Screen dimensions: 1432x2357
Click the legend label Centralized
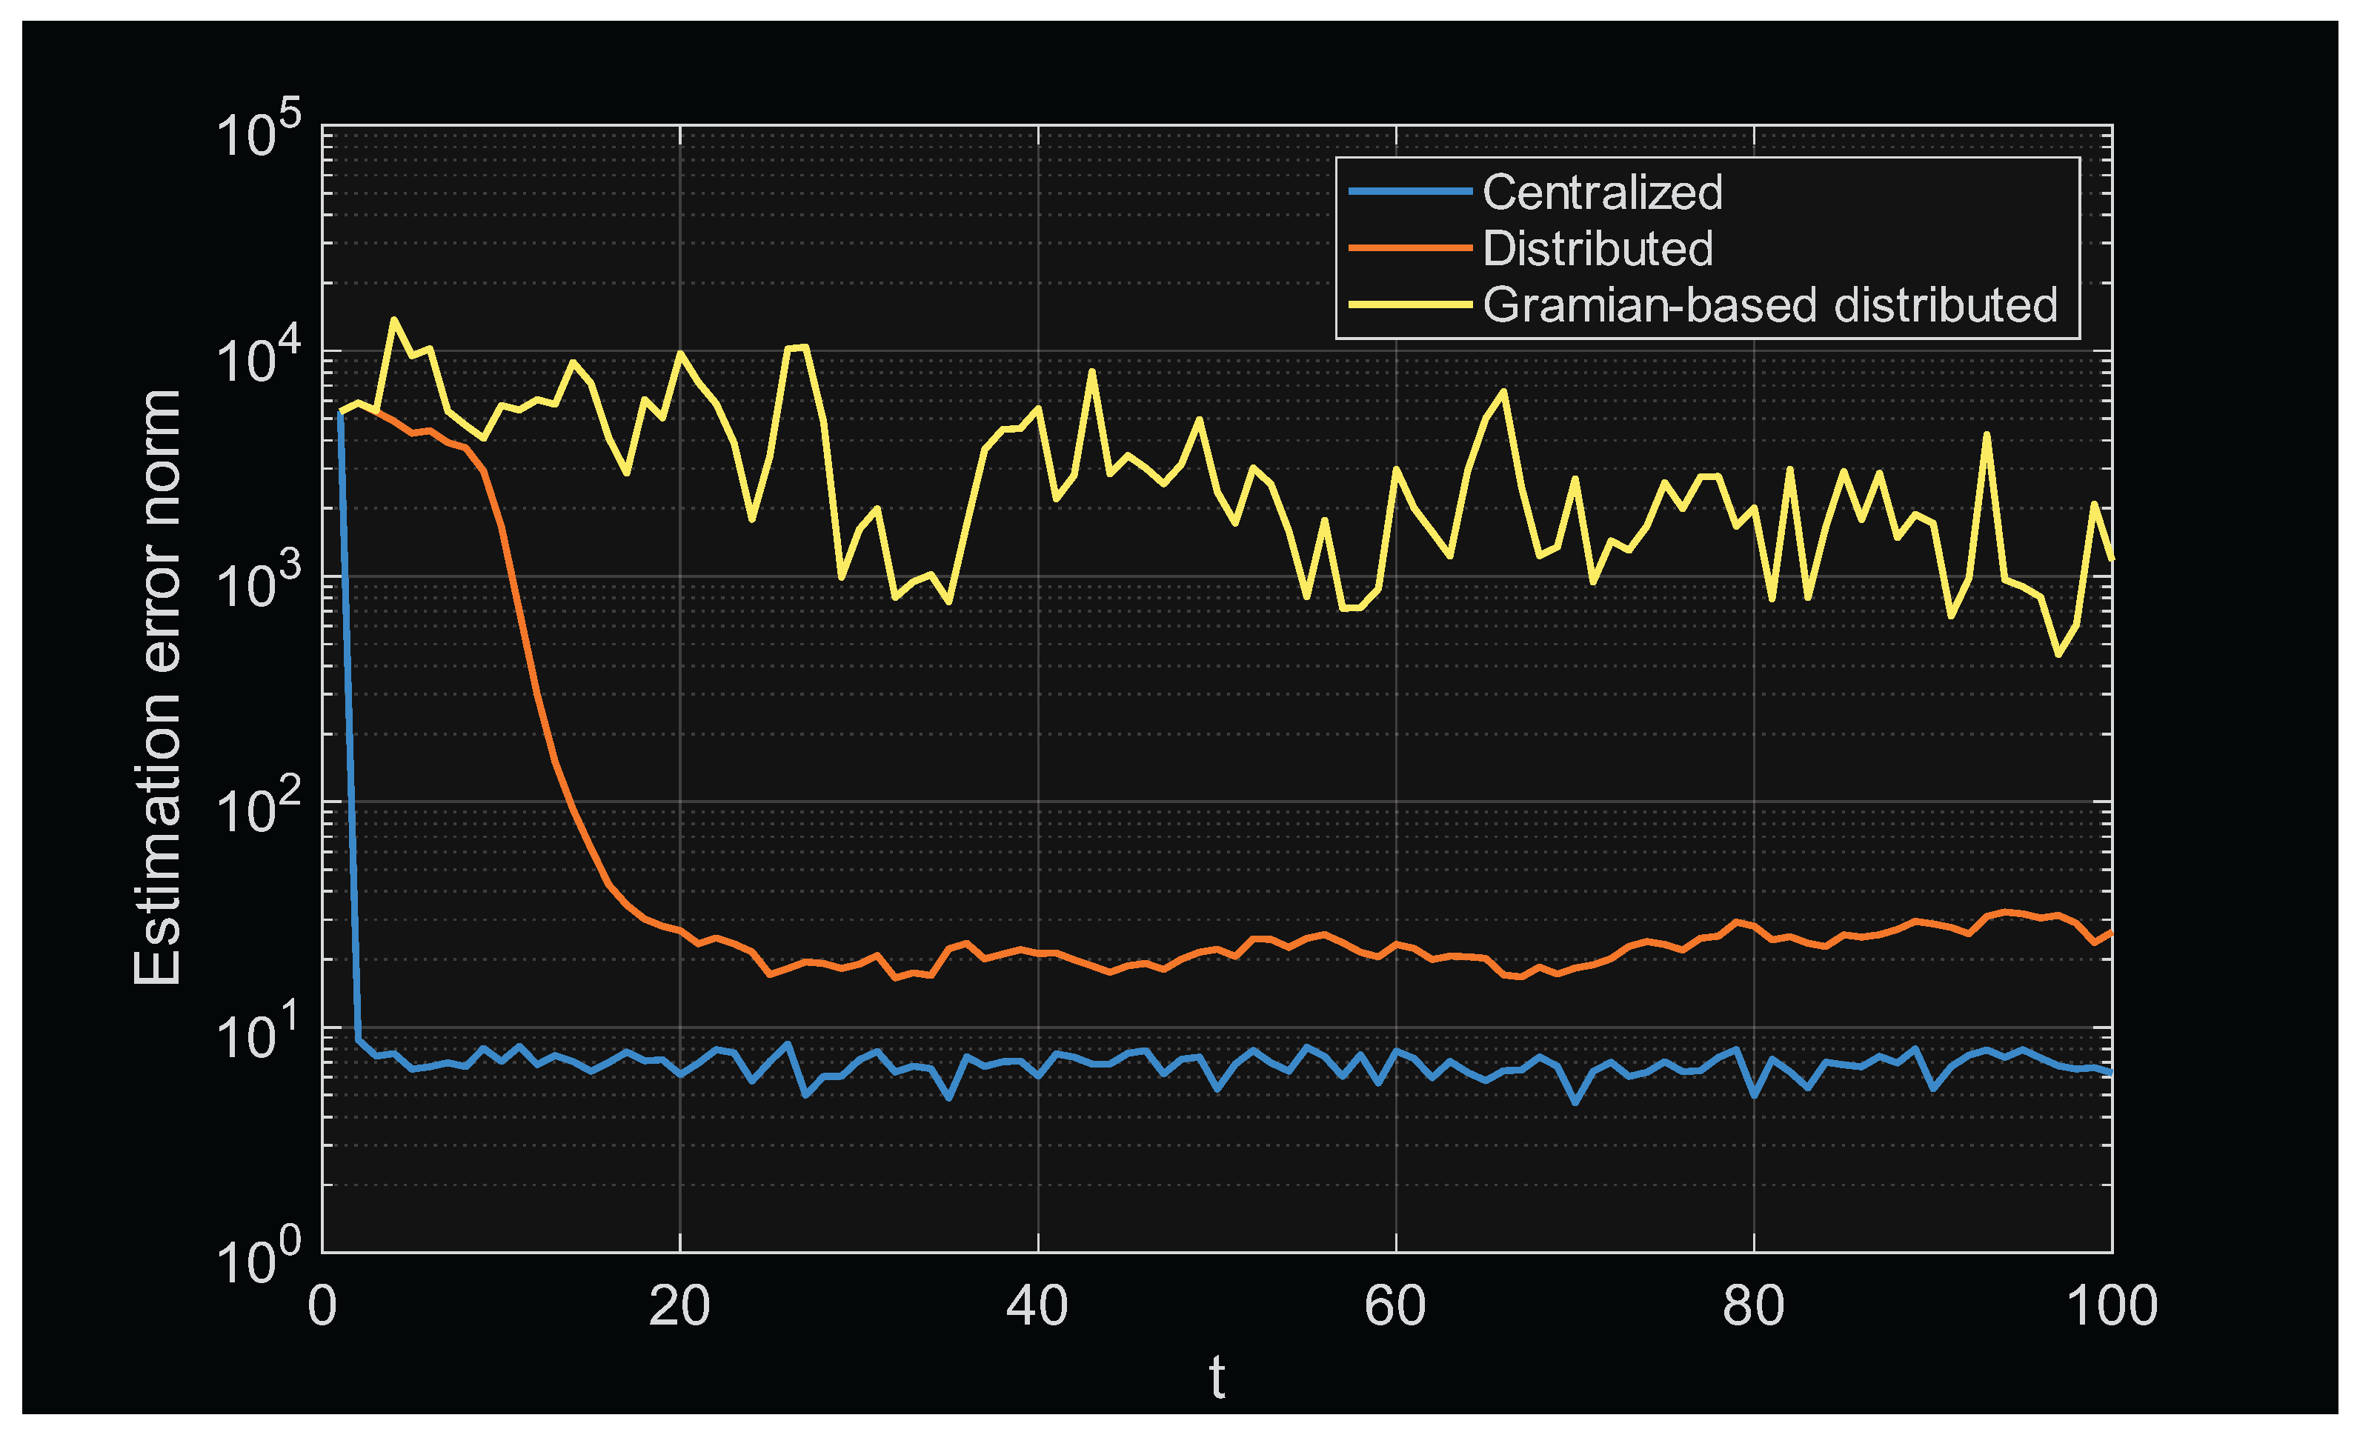(x=1602, y=193)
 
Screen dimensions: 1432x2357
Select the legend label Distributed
(x=1598, y=249)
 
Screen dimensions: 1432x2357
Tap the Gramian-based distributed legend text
(x=1769, y=305)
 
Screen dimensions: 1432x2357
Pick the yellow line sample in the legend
(x=1409, y=305)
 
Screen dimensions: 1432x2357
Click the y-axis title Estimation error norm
(x=158, y=687)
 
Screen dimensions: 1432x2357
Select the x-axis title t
(x=1217, y=1379)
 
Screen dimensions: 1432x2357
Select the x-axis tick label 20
(x=679, y=1307)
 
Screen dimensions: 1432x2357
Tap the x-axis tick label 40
(x=1037, y=1307)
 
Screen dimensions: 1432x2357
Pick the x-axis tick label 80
(x=1753, y=1307)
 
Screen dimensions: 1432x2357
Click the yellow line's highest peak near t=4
(x=394, y=321)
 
